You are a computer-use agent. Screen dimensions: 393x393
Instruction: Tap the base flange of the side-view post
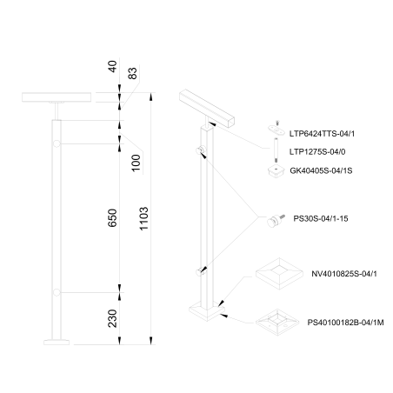[58, 343]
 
